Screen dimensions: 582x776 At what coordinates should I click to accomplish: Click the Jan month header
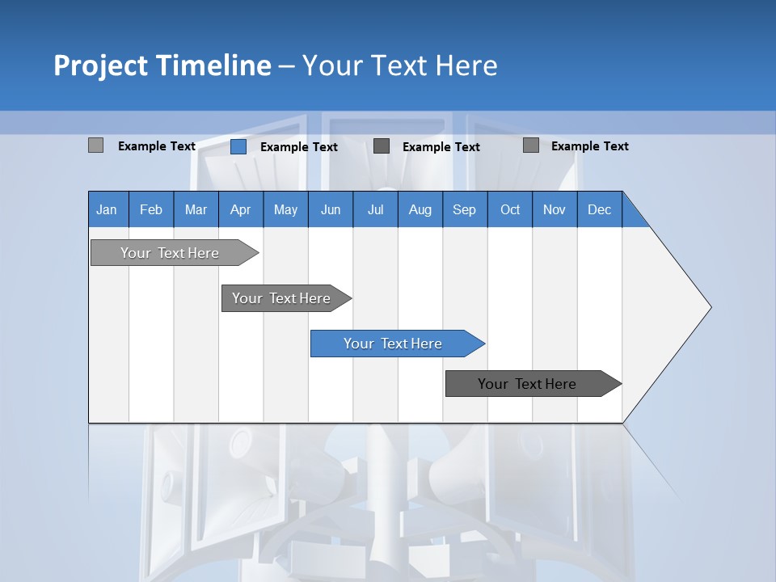[x=107, y=209]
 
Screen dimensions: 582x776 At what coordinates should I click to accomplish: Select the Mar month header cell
[x=196, y=209]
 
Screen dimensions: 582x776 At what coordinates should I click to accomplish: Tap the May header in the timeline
[x=285, y=209]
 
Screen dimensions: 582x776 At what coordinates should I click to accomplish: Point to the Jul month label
[x=375, y=209]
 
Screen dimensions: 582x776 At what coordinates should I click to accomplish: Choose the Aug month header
[x=420, y=209]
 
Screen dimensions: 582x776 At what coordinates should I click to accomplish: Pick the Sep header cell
[x=464, y=209]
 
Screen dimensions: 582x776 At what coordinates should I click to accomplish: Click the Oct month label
[x=509, y=209]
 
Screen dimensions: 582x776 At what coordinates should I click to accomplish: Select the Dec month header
[x=599, y=209]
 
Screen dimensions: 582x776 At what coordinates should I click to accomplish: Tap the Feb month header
[x=151, y=209]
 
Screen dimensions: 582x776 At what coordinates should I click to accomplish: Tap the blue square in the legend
[x=238, y=146]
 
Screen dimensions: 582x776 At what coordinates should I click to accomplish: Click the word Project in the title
[x=101, y=65]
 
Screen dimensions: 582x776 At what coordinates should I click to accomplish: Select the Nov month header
[x=554, y=209]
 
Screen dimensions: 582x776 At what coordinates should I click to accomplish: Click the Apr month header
[x=240, y=209]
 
